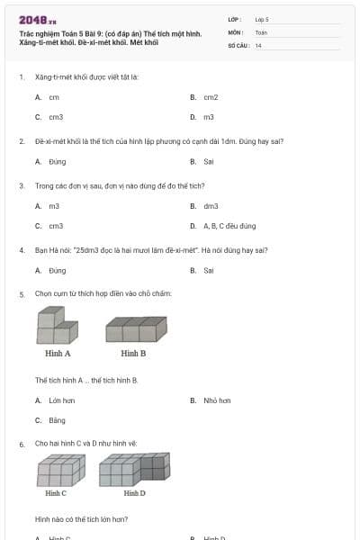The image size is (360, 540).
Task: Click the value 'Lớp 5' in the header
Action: [x=262, y=19]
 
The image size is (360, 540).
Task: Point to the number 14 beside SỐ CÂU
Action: [x=258, y=45]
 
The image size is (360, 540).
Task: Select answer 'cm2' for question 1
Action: [x=211, y=97]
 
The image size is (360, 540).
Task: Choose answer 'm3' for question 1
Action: [x=208, y=117]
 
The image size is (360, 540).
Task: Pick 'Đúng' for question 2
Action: [x=57, y=162]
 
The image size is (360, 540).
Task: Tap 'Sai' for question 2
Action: [x=208, y=162]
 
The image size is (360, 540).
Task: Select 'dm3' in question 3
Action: [x=211, y=206]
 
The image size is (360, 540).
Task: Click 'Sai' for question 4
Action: [x=208, y=270]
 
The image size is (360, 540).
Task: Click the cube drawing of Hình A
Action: [x=57, y=326]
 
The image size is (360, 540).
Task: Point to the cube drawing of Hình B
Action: [x=136, y=329]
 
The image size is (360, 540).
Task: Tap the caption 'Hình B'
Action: [x=133, y=354]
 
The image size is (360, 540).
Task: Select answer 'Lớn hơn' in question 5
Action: [x=61, y=400]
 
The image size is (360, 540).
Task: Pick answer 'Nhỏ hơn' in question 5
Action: [x=217, y=400]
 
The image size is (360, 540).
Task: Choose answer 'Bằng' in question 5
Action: [x=57, y=420]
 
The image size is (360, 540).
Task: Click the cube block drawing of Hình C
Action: [x=60, y=471]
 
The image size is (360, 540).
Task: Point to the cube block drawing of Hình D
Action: [x=133, y=471]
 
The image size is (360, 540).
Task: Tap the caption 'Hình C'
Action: [x=56, y=493]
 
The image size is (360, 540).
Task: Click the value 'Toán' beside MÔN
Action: [x=261, y=32]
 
